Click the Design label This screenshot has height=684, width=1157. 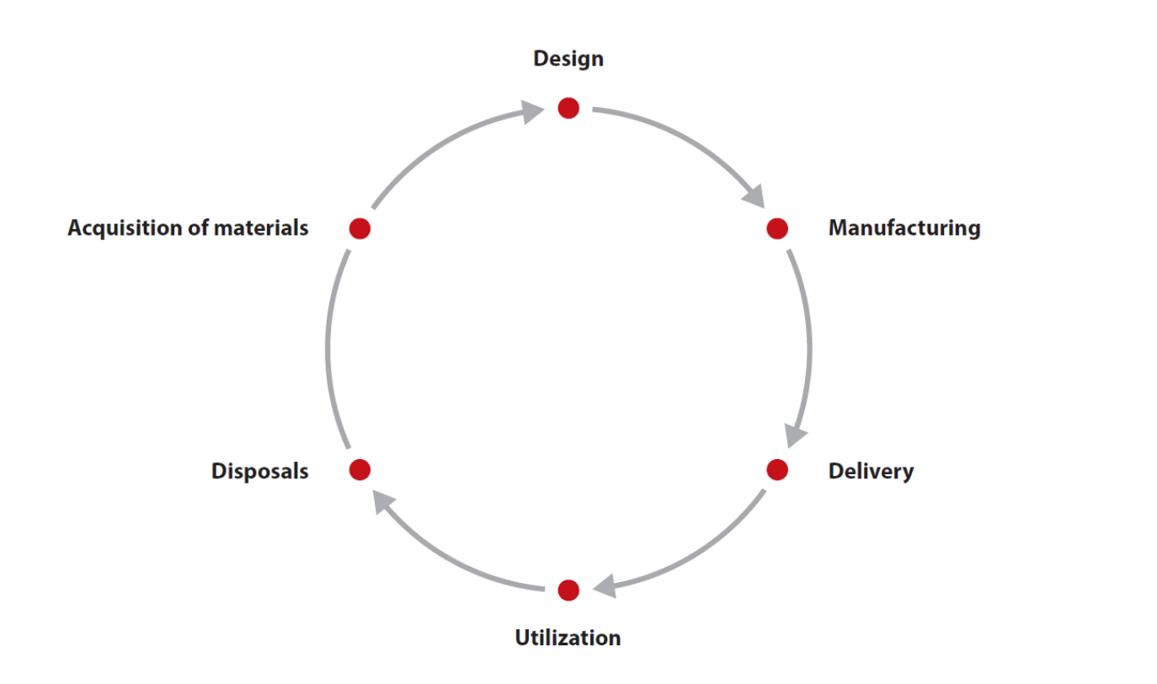coord(568,59)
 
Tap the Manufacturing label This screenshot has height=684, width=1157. coord(904,228)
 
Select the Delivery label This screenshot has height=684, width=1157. coord(870,471)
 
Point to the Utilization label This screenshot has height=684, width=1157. coord(568,638)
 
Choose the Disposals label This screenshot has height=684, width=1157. coord(259,471)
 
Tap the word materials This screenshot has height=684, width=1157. coord(261,228)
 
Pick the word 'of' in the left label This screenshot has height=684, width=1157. coord(199,228)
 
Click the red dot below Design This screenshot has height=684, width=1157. coord(568,108)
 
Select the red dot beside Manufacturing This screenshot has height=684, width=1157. coord(776,228)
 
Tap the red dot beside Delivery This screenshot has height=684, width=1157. coord(776,469)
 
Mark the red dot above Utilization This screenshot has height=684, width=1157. coord(568,590)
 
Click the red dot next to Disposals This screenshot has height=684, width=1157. coord(360,469)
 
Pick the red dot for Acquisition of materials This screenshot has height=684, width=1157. coord(360,228)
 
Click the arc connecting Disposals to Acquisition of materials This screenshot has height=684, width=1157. coord(328,350)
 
